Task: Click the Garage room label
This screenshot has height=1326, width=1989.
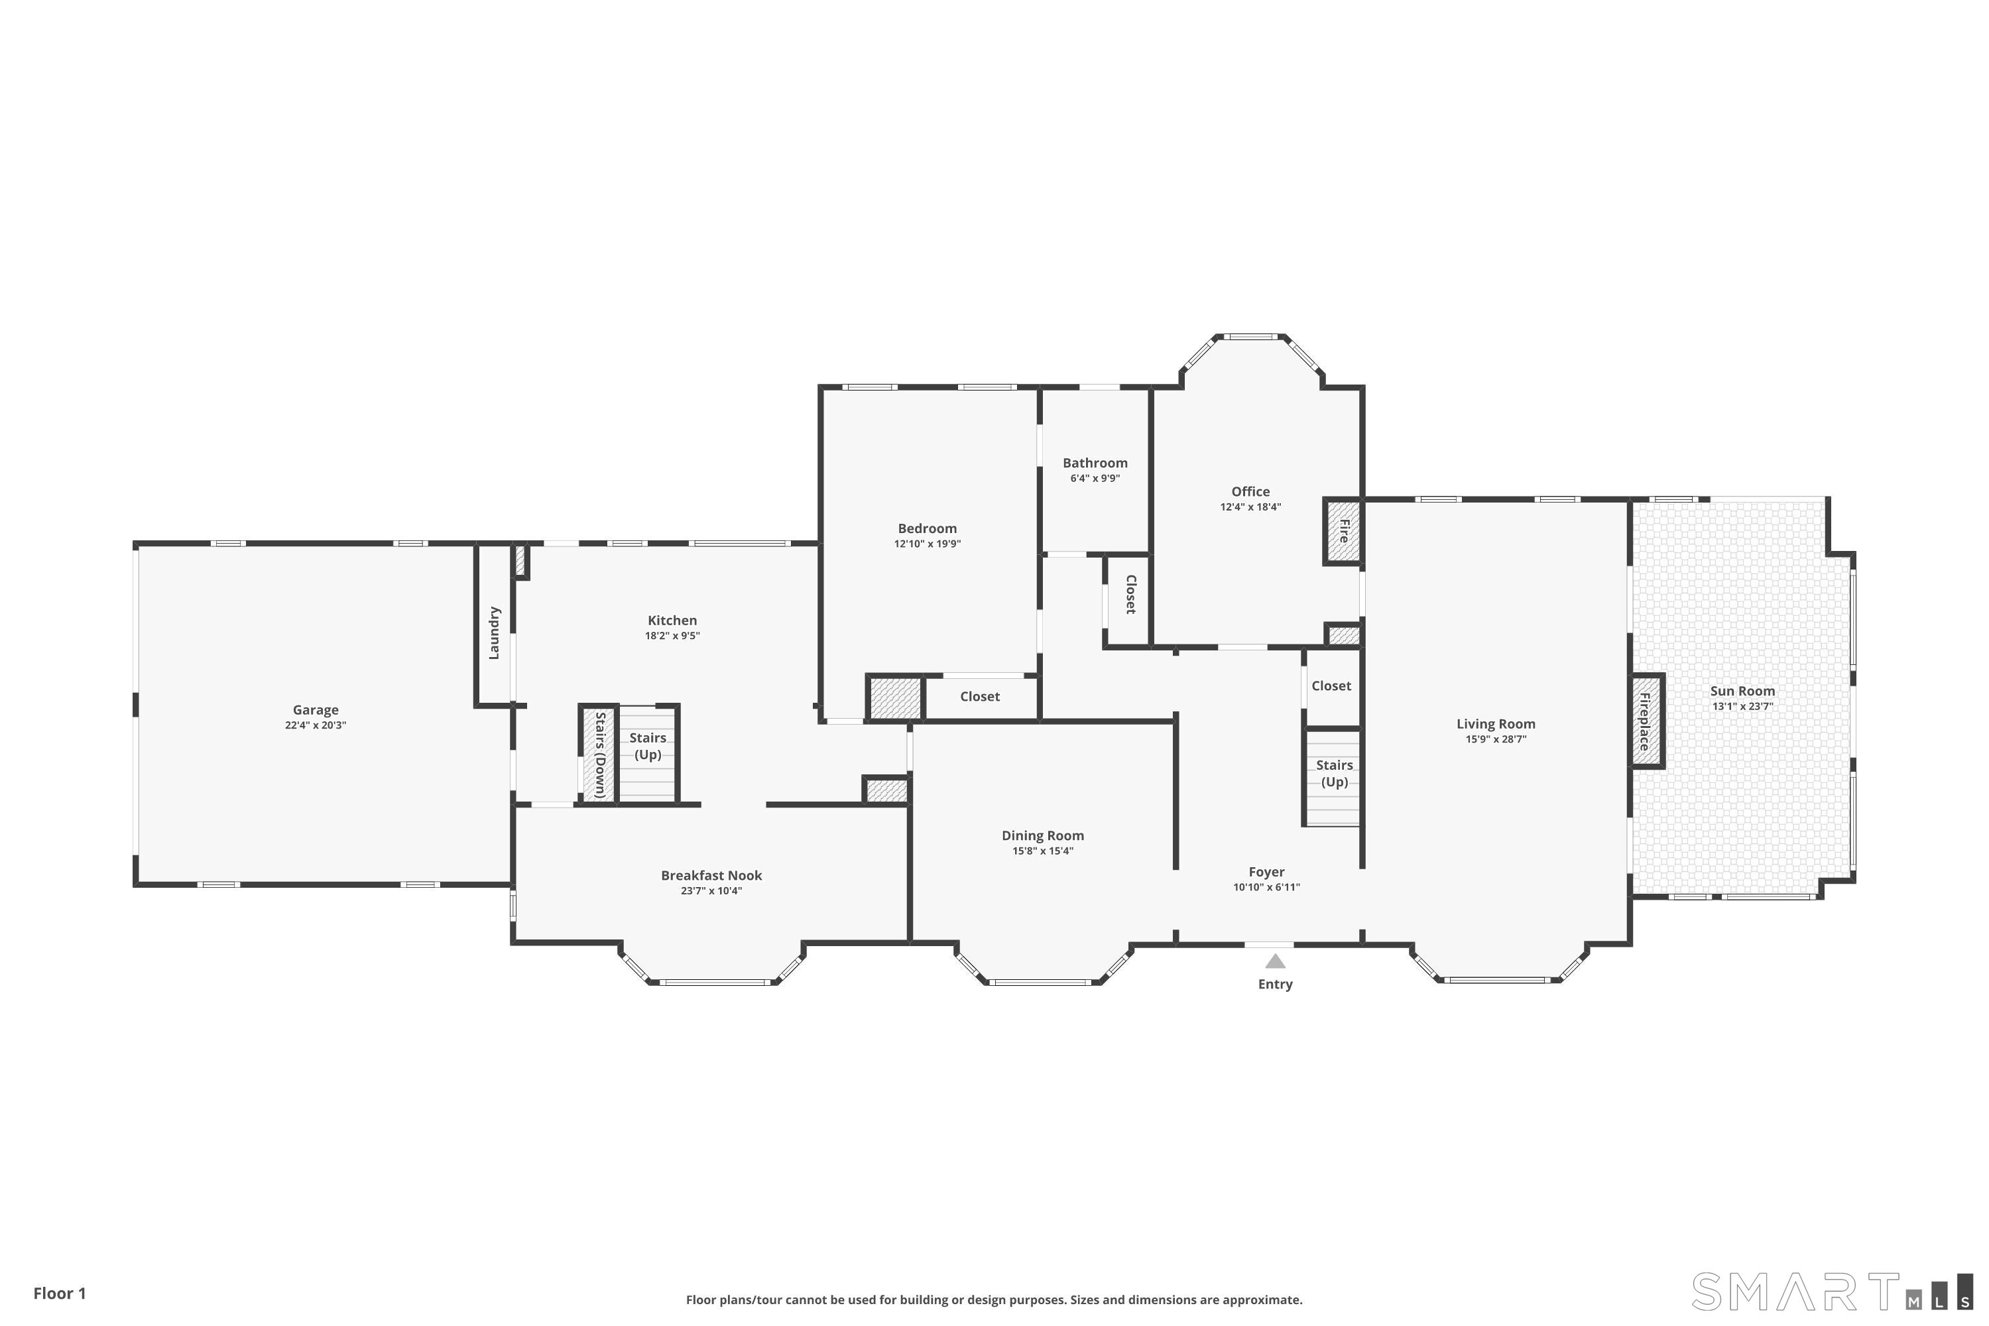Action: [x=316, y=709]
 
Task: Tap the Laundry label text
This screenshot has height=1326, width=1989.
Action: [x=495, y=633]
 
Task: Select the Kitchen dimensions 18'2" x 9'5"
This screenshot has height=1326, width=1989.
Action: [x=672, y=636]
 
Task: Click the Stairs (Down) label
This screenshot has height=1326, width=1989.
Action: [x=599, y=754]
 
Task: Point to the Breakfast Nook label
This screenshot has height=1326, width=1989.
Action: [x=711, y=875]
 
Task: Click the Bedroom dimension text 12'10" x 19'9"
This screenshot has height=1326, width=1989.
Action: [x=927, y=544]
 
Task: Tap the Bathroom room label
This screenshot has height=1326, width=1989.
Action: [x=1095, y=463]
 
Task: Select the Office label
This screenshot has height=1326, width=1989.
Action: [x=1250, y=491]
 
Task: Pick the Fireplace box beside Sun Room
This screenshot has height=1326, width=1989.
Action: [x=1646, y=721]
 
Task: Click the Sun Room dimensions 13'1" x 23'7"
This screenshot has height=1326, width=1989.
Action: [x=1742, y=706]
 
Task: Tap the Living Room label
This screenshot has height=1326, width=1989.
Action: [x=1495, y=724]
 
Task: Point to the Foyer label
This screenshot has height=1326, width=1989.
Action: [x=1266, y=872]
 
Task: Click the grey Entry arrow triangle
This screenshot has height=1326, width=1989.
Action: [x=1275, y=961]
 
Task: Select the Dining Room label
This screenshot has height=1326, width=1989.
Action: [x=1043, y=835]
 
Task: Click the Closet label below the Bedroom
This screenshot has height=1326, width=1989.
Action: [x=979, y=697]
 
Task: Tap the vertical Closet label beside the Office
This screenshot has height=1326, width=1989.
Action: [x=1130, y=595]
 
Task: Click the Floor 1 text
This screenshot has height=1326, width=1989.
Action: [x=59, y=1293]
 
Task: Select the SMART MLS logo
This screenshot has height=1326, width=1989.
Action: [x=1831, y=1292]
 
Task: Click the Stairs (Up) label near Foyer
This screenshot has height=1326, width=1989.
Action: [x=1333, y=773]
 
